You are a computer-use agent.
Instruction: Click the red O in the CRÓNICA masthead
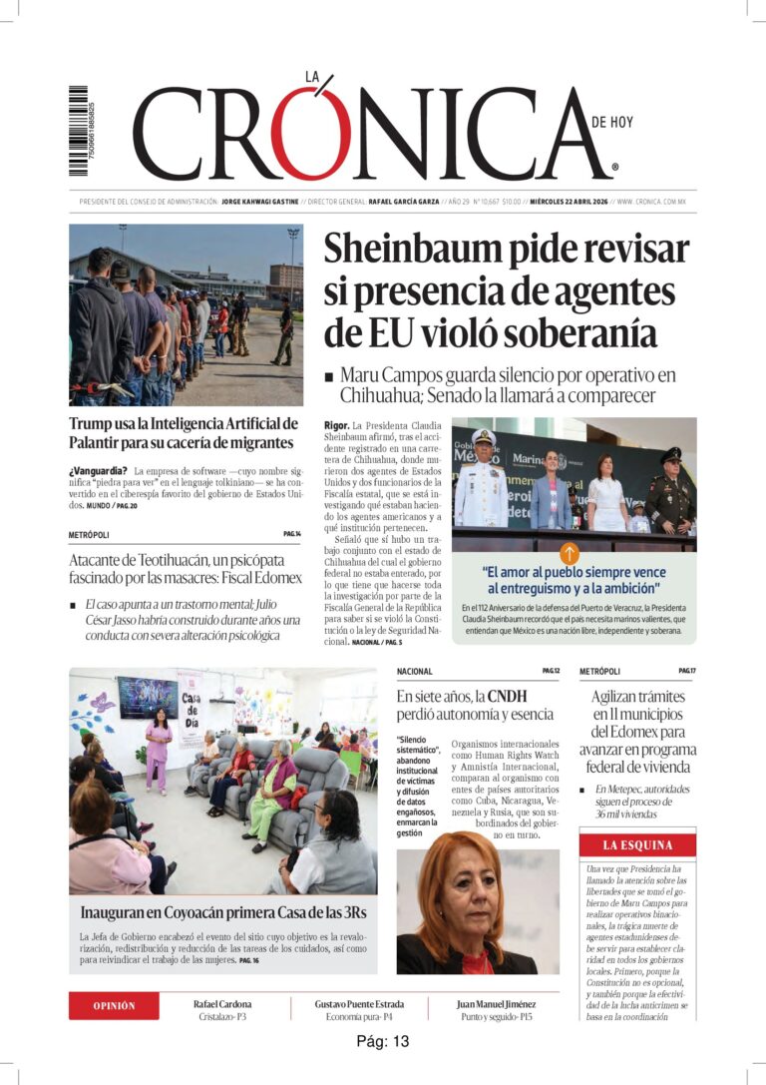click(x=315, y=135)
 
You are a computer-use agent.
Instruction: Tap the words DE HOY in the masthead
click(x=611, y=123)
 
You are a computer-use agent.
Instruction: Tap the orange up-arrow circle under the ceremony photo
click(x=570, y=553)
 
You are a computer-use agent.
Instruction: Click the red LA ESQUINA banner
click(x=637, y=845)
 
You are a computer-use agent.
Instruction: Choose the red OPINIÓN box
click(x=114, y=1005)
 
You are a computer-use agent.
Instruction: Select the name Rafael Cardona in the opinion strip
click(x=222, y=1004)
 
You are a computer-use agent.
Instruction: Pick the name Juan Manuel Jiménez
click(x=496, y=1004)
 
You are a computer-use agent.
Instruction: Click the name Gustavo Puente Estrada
click(x=359, y=1004)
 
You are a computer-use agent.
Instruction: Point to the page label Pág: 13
click(x=383, y=1041)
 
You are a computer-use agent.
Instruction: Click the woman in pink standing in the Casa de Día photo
click(x=159, y=749)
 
